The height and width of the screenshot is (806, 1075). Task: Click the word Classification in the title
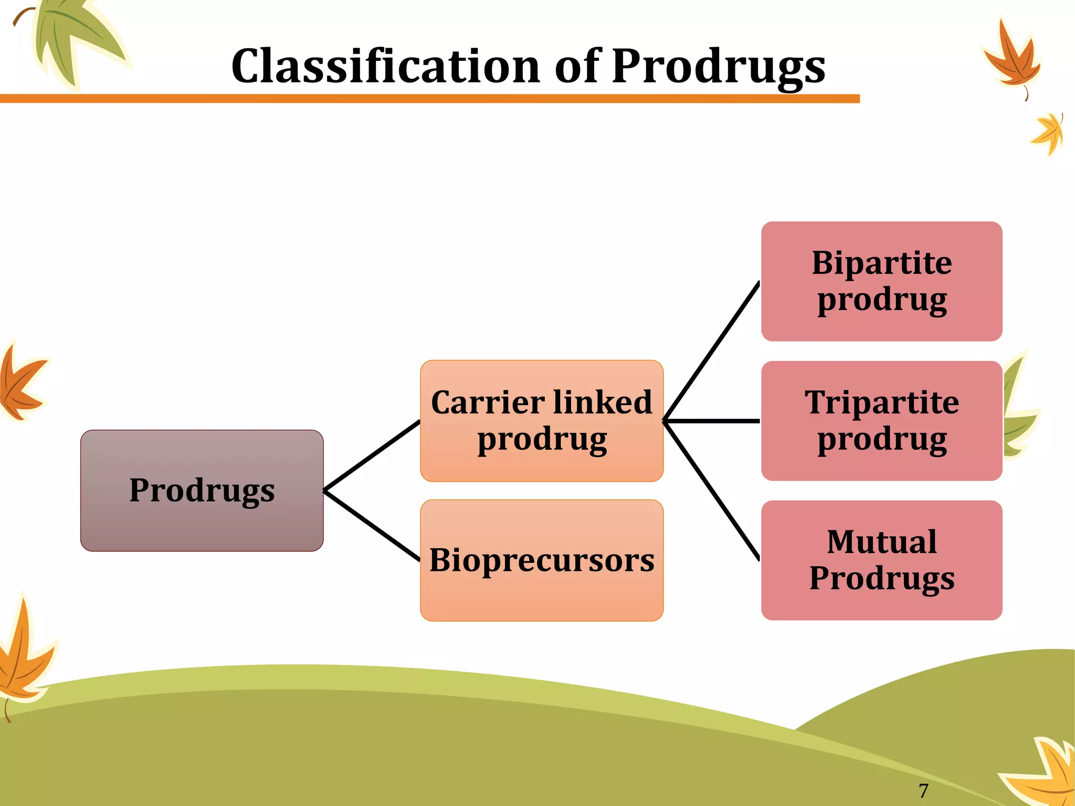386,66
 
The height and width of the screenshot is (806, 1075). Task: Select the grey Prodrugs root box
202,491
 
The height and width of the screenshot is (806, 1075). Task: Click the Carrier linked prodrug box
542,421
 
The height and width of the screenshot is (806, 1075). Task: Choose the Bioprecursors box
542,560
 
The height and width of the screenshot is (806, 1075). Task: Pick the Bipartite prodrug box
882,281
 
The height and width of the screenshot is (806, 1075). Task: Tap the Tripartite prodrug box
882,421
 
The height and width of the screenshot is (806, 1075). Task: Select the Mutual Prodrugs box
882,560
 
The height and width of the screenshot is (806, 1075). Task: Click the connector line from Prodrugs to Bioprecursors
372,526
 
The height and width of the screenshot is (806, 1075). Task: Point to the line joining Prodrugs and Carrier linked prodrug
372,455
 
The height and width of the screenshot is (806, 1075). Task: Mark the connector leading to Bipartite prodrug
712,352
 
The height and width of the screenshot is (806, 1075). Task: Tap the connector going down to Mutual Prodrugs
712,491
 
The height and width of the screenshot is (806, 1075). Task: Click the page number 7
923,790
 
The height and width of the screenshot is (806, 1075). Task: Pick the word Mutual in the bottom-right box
882,542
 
